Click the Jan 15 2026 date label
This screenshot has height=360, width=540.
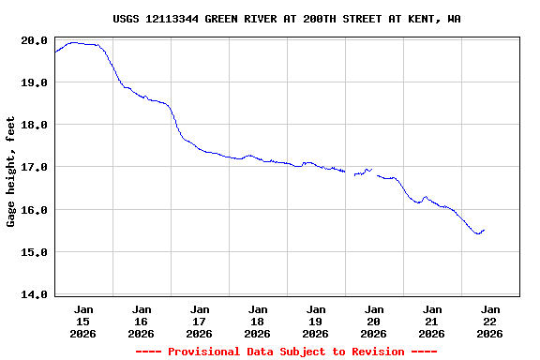tap(83, 321)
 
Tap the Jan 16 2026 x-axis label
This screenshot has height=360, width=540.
tap(142, 321)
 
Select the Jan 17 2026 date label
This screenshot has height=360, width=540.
tap(200, 321)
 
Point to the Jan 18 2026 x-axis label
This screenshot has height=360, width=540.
tap(258, 321)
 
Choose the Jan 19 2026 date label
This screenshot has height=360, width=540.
tap(316, 321)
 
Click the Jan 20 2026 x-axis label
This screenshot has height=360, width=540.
tap(374, 321)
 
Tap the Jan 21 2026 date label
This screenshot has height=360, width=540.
tap(432, 321)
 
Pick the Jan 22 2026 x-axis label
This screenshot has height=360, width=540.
tap(490, 321)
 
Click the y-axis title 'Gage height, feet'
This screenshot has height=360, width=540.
tap(11, 172)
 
